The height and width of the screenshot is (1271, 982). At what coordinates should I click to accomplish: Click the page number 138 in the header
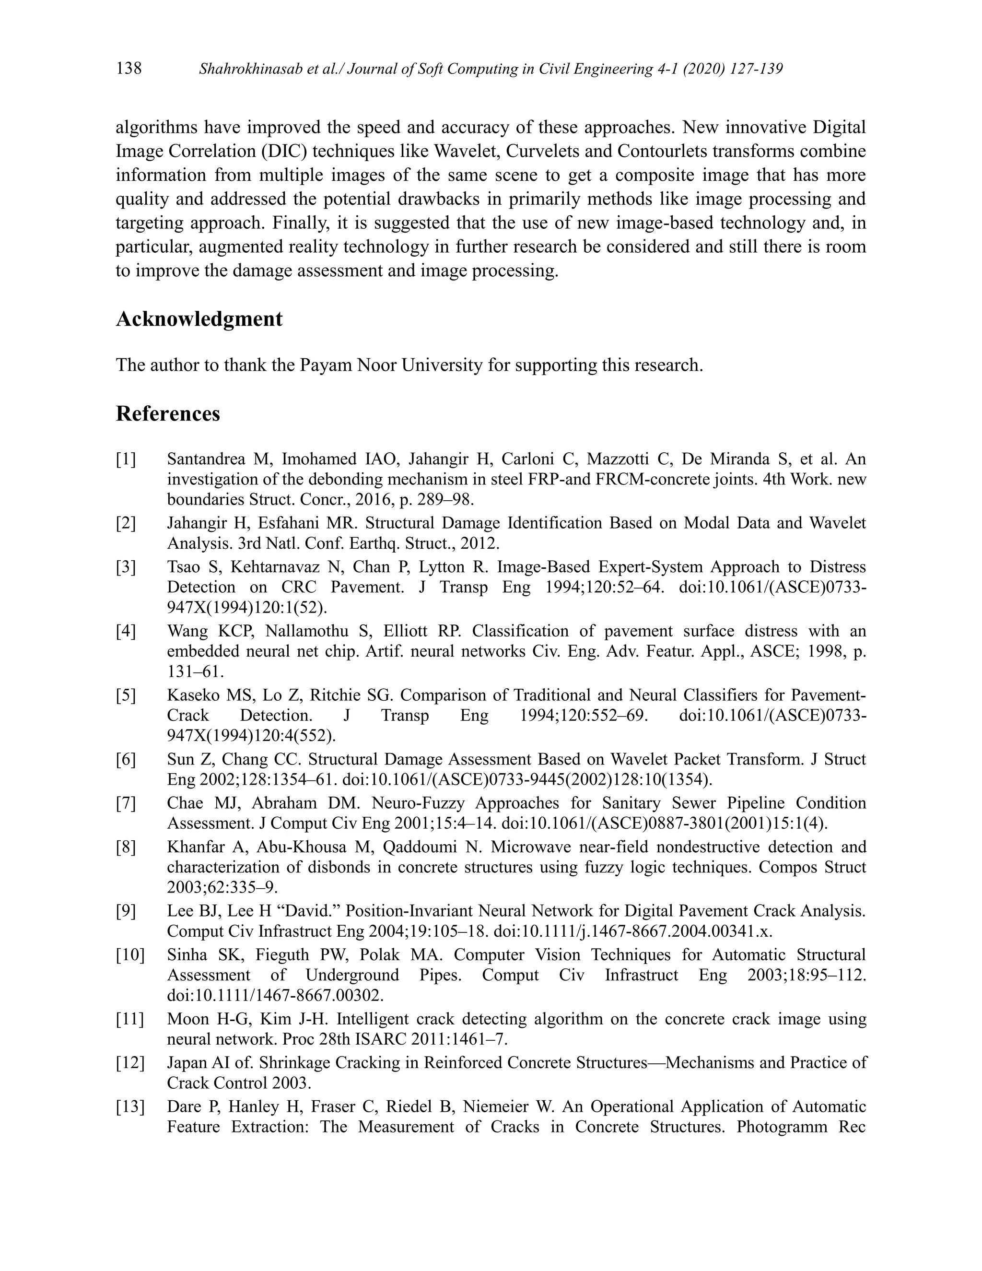129,69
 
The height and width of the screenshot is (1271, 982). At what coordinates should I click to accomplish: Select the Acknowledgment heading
199,319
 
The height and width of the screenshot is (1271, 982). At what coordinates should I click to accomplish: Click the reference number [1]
126,459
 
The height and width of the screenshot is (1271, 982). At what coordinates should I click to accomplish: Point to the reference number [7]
126,803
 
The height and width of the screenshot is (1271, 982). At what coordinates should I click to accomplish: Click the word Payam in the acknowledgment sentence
326,365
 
